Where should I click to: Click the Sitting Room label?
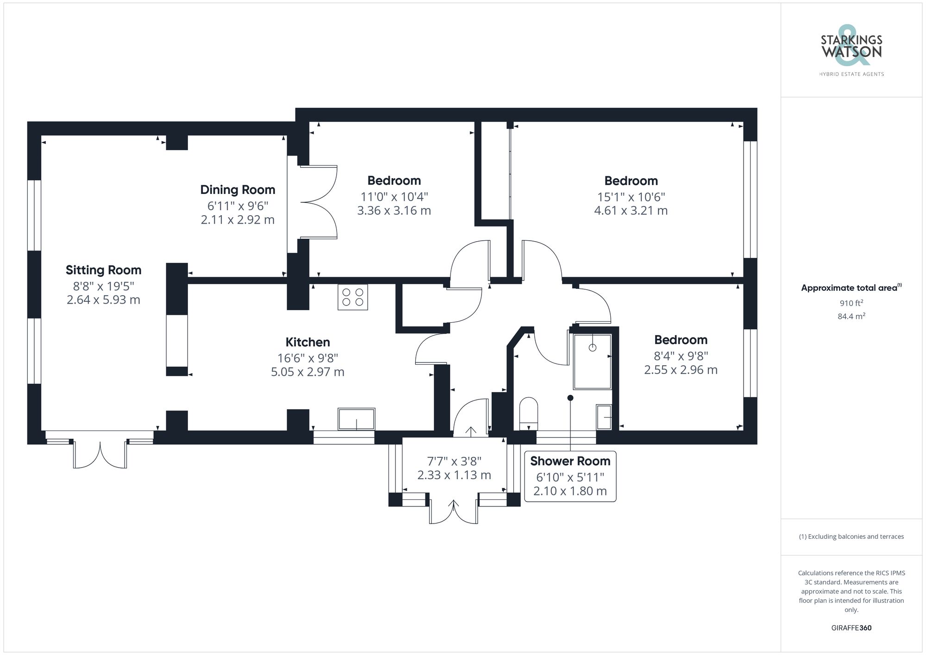click(103, 270)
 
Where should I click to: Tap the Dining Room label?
click(238, 190)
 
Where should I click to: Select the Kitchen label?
click(307, 343)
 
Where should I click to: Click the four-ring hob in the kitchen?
click(353, 297)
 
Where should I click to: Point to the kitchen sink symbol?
click(356, 419)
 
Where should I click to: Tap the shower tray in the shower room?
click(592, 362)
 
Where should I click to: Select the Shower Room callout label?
click(570, 462)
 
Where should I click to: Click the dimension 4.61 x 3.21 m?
click(631, 211)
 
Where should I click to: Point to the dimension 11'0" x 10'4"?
click(394, 197)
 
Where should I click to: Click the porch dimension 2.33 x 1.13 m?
click(454, 475)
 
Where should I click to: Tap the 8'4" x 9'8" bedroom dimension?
click(681, 356)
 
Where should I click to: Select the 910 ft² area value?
click(851, 304)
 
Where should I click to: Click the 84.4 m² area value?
click(851, 317)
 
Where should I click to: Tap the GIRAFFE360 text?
click(851, 628)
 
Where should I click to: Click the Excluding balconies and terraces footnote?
click(851, 537)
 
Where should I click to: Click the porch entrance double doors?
click(453, 512)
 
